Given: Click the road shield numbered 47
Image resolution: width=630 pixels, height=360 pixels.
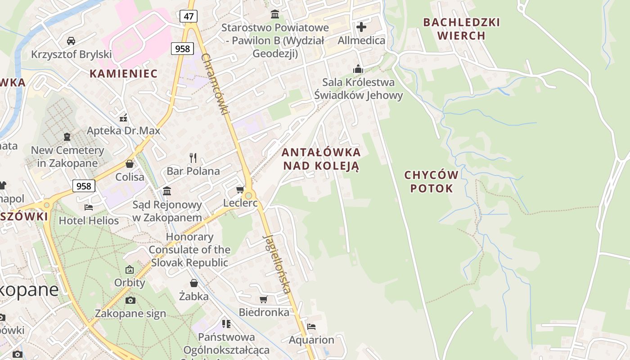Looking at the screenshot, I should coord(189,16).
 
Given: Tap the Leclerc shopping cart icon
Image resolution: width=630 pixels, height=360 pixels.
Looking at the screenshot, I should coord(240,189).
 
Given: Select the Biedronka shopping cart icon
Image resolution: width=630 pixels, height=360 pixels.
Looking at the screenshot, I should coord(264,299).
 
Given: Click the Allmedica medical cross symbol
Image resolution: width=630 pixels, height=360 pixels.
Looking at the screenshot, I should coord(361,27).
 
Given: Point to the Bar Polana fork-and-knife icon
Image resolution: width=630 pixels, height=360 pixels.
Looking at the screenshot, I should coord(193,157).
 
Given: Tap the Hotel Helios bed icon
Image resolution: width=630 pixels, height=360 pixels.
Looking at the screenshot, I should coord(89,207).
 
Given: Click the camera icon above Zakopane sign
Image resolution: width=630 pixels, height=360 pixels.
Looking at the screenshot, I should coord(130,300).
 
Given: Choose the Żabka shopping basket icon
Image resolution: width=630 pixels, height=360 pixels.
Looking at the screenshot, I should coord(194,283).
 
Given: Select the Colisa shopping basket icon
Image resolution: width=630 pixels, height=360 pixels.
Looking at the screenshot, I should coord(130,164).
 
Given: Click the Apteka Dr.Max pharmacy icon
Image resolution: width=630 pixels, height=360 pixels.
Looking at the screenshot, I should coord(124,118).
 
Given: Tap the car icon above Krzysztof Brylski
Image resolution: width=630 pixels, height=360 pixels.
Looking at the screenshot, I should coord(71,41).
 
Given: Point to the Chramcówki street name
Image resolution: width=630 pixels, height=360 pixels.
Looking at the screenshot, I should coord(216,84).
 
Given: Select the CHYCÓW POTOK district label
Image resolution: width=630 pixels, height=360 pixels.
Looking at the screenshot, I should coord(431,181).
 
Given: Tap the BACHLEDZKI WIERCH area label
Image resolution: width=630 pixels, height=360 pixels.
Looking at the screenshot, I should coord(461,29).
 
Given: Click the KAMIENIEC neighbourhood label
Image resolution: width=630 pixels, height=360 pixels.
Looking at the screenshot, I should coord(123,73).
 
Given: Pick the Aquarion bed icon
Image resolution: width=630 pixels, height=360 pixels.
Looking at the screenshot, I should coord(311,327).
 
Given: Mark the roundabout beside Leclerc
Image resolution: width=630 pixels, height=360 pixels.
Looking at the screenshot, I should coord(248,196).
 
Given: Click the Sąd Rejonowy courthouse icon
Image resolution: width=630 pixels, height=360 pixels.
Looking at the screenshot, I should coord(167,191).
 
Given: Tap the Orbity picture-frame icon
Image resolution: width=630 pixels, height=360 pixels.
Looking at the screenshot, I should coord(130,270).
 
